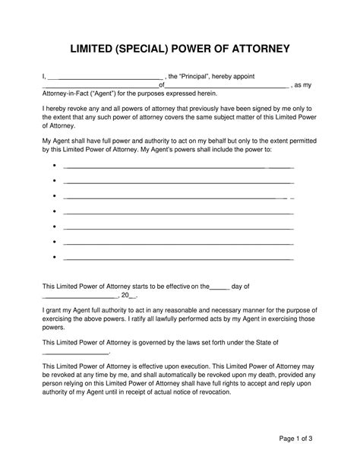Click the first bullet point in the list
pos(56,164)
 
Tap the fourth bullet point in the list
pos(56,211)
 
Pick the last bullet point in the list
pos(56,258)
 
